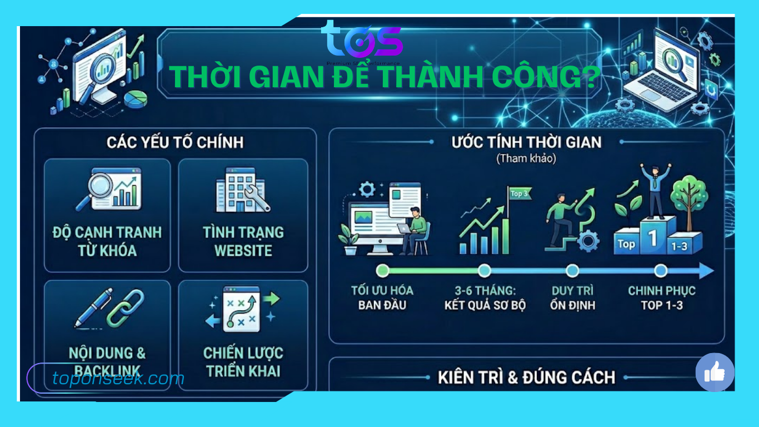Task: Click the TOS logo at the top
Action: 361,40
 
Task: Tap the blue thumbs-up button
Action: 715,372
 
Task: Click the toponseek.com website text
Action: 118,379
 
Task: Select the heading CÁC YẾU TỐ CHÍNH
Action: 175,142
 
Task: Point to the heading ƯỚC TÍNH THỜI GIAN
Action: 526,142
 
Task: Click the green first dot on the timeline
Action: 382,271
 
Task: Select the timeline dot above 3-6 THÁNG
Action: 485,271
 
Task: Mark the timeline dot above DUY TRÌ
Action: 572,271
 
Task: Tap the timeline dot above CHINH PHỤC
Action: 661,271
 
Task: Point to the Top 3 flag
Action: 520,194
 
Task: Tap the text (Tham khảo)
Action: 526,159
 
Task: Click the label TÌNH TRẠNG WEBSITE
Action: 243,241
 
